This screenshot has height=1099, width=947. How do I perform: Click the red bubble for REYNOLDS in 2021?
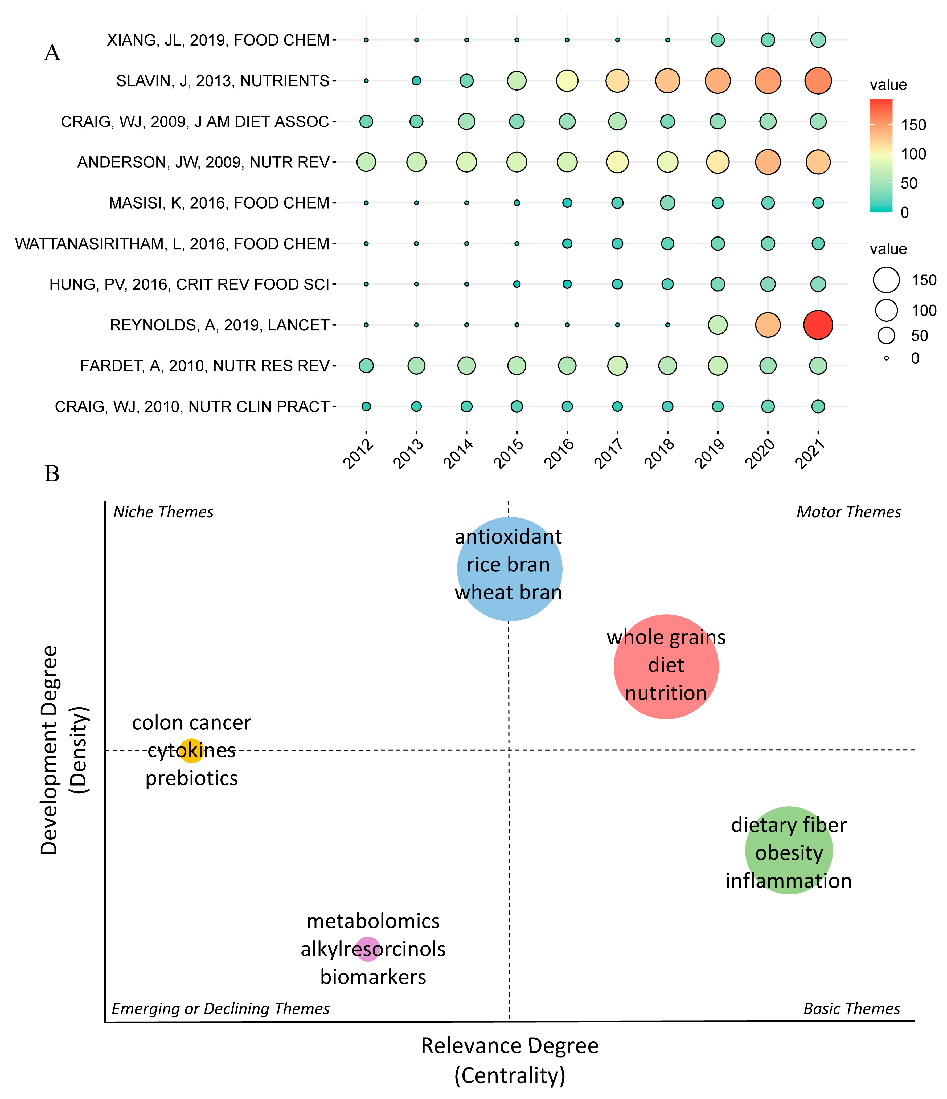[818, 325]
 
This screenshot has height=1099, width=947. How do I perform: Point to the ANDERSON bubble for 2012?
[366, 162]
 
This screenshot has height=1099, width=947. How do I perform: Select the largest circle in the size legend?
[886, 280]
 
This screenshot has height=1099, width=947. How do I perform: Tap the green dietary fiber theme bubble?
[789, 850]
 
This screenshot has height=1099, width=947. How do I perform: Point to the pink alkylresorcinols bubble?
[367, 949]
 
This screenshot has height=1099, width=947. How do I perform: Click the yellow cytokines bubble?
[191, 750]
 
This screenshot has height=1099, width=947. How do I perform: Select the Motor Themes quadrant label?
[848, 512]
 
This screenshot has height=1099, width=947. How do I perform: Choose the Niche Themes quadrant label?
[163, 512]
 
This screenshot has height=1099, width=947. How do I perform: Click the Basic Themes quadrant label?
[852, 1008]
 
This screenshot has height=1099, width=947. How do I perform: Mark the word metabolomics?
[373, 921]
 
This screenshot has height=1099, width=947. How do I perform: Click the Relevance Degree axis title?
[510, 1045]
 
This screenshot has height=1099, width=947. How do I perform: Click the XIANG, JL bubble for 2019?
[718, 40]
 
